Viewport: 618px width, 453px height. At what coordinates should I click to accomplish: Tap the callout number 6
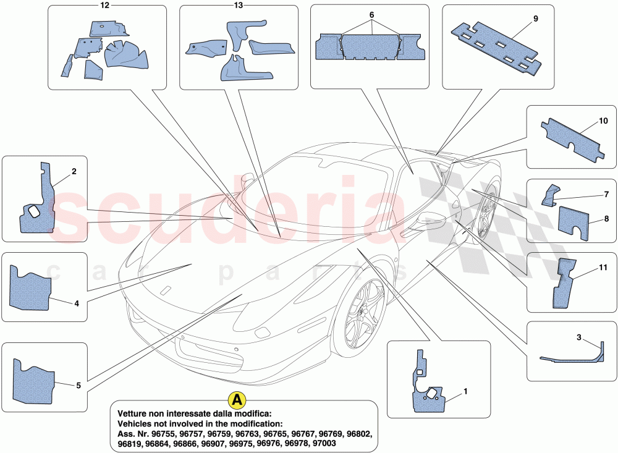(371, 14)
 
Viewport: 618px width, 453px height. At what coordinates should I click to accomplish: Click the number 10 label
(603, 121)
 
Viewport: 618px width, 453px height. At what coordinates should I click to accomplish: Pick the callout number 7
(606, 194)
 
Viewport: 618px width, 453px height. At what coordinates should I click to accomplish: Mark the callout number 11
(603, 268)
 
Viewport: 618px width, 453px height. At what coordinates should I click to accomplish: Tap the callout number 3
(579, 337)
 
